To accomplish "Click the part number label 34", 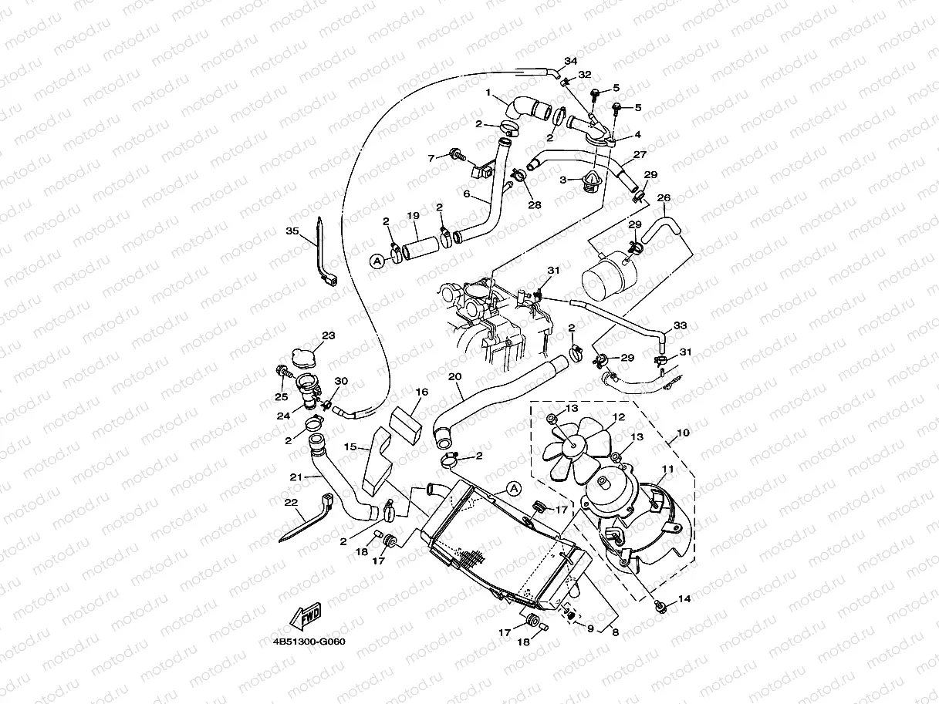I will pos(570,61).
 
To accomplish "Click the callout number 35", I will pos(292,231).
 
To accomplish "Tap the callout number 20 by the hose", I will pos(454,376).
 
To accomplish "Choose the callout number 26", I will pos(664,198).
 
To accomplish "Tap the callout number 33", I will pos(680,325).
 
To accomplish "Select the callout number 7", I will pos(431,158).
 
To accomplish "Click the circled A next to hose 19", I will pos(377,261).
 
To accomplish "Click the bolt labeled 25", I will pos(282,374).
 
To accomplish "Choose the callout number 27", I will pos(640,154).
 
